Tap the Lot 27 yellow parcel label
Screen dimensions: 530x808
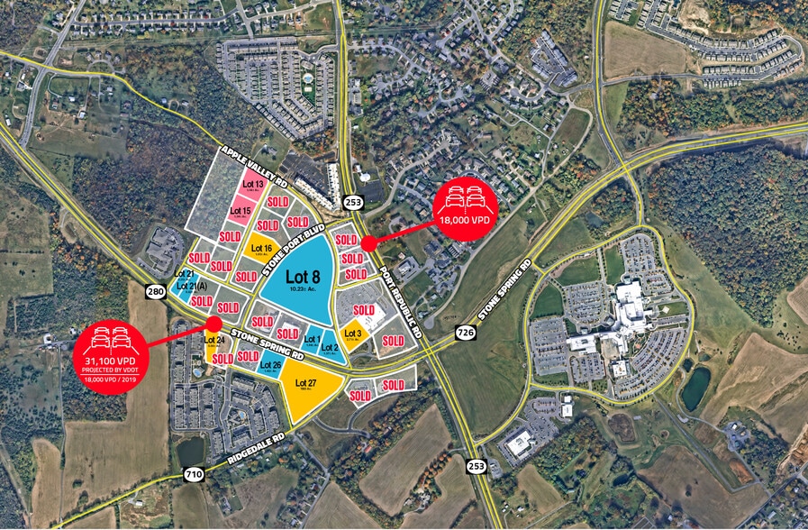click(x=312, y=382)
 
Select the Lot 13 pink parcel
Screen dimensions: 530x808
click(x=241, y=185)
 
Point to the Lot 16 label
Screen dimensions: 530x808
click(x=262, y=247)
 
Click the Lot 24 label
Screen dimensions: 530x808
click(x=213, y=340)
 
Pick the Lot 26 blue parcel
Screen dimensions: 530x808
click(x=270, y=365)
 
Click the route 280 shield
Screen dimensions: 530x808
click(x=155, y=291)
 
